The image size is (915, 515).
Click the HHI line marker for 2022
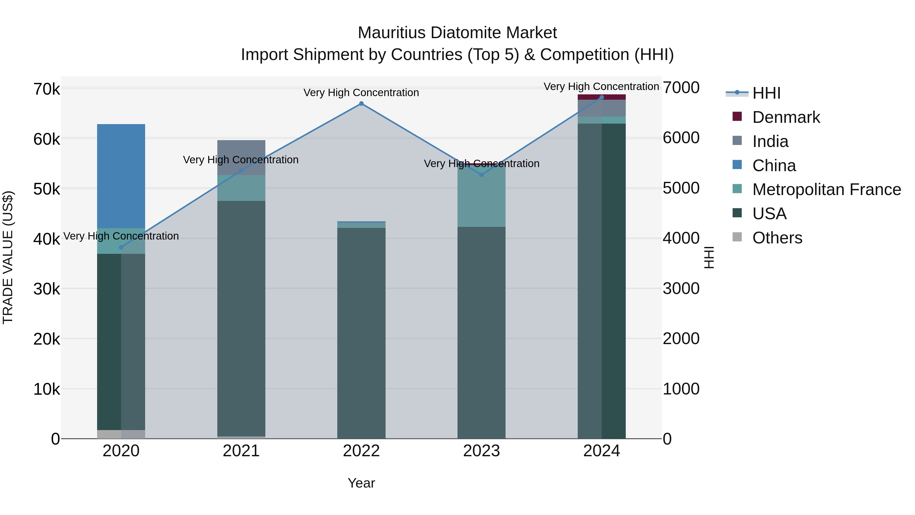[x=361, y=104]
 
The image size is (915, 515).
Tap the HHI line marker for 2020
[x=121, y=247]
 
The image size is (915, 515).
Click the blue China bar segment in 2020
[x=121, y=176]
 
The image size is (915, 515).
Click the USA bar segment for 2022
[x=361, y=333]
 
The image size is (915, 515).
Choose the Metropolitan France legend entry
[x=826, y=189]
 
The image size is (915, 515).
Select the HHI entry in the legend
[x=766, y=93]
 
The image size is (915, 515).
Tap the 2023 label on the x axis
[x=482, y=451]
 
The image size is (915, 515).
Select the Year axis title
[x=361, y=483]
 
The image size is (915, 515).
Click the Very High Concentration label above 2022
[x=361, y=93]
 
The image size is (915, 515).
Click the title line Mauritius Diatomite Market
[x=457, y=33]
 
